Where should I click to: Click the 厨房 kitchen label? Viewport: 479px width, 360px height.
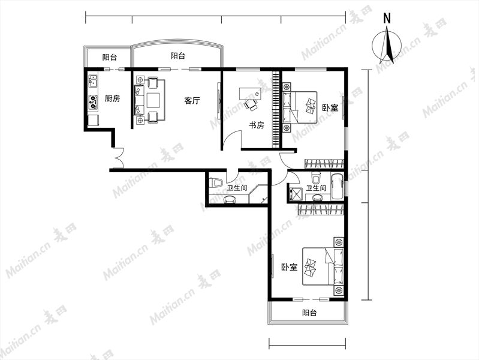(113, 98)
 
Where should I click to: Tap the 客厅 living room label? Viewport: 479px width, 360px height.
(192, 101)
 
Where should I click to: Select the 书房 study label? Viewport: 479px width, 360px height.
(257, 125)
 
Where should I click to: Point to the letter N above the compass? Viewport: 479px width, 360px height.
(387, 19)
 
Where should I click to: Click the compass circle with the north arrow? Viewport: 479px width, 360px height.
(387, 45)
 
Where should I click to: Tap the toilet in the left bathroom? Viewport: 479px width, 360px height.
(216, 183)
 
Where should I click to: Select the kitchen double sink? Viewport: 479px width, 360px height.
(93, 81)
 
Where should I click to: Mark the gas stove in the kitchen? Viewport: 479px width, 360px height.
(93, 102)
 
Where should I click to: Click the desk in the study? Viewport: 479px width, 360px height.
(251, 94)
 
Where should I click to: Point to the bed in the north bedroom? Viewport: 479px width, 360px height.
(300, 107)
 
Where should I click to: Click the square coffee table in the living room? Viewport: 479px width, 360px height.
(153, 100)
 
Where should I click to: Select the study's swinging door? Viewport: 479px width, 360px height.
(232, 140)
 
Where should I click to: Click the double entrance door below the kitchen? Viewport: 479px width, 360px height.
(118, 158)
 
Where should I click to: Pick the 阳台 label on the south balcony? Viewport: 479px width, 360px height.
(309, 313)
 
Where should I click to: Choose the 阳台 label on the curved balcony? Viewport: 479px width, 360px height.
(178, 56)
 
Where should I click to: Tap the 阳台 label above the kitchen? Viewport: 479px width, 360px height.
(109, 57)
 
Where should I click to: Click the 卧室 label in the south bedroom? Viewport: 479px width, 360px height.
(290, 268)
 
